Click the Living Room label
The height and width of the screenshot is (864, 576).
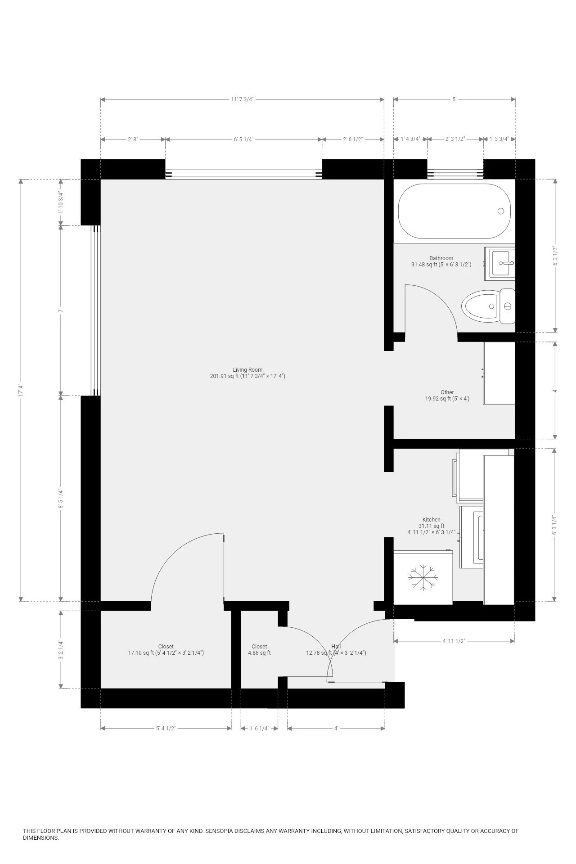click(x=247, y=373)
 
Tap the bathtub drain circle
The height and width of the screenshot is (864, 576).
click(x=501, y=211)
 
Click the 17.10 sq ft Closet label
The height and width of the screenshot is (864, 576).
click(x=166, y=649)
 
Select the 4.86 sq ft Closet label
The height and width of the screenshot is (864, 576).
click(x=259, y=649)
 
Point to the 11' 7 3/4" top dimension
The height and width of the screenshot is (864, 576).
click(x=242, y=99)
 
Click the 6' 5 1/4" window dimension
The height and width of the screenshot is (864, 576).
click(x=243, y=139)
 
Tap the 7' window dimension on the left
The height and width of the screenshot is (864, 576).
click(x=60, y=310)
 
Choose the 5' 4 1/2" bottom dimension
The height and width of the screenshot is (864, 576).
click(x=166, y=728)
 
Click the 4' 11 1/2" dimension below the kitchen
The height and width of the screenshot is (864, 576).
click(x=454, y=641)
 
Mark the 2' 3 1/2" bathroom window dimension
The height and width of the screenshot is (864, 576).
click(x=455, y=139)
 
